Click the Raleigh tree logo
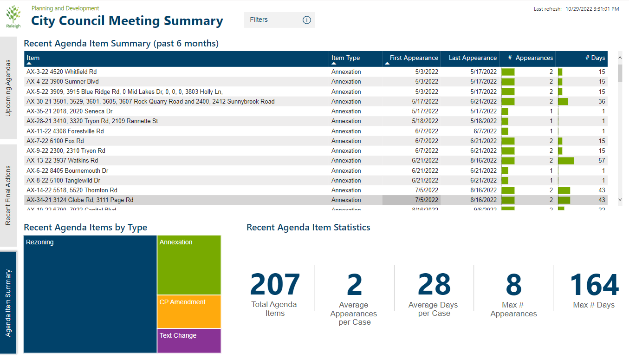13,17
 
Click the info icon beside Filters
306,20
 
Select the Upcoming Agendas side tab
8,88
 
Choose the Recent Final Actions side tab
8,195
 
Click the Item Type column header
346,58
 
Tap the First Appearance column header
414,58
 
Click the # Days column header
598,58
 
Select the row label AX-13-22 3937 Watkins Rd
62,161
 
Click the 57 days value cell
602,161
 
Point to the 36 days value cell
602,102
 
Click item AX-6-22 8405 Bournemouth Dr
67,171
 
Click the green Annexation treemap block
189,265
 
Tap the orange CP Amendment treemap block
189,312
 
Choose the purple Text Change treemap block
189,341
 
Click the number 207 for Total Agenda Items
275,284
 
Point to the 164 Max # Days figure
594,284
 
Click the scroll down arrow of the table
620,199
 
